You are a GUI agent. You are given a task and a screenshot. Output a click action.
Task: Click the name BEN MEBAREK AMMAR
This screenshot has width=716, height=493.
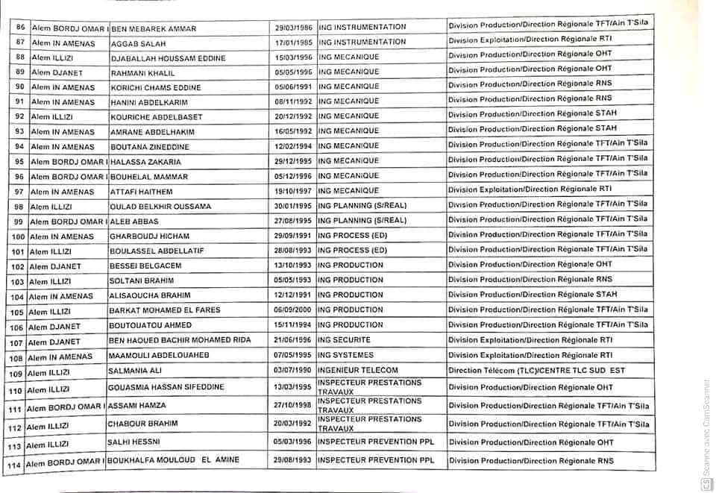[x=154, y=28]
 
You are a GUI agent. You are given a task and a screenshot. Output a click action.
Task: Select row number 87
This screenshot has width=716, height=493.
[x=20, y=43]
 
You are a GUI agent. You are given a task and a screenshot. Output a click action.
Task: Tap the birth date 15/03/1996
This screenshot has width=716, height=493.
[x=295, y=57]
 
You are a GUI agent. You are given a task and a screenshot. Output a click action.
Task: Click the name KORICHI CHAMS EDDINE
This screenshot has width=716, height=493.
[x=155, y=87]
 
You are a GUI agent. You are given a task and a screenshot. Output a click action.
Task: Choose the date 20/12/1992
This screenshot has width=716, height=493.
[x=295, y=116]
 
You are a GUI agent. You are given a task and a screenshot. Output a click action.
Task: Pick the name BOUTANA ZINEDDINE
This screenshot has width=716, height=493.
[x=150, y=147]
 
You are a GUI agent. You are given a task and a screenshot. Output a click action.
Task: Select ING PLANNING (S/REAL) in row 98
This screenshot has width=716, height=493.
[x=362, y=206]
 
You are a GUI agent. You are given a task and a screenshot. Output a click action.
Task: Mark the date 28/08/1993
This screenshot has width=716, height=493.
[x=295, y=251]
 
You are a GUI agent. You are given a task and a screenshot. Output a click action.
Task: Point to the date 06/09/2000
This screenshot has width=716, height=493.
[x=295, y=310]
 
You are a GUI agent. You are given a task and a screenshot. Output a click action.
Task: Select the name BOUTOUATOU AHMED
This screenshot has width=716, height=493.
[x=150, y=326]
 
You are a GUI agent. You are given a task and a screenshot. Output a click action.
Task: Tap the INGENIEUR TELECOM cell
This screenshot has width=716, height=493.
[x=357, y=371]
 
